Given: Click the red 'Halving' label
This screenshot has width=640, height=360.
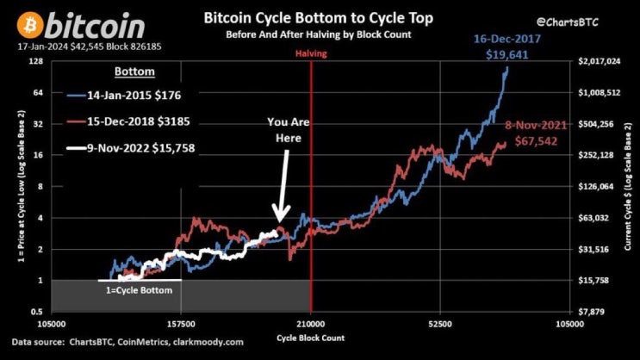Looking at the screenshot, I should [x=311, y=53].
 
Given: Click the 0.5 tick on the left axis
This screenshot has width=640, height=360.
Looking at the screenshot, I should [x=35, y=311].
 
